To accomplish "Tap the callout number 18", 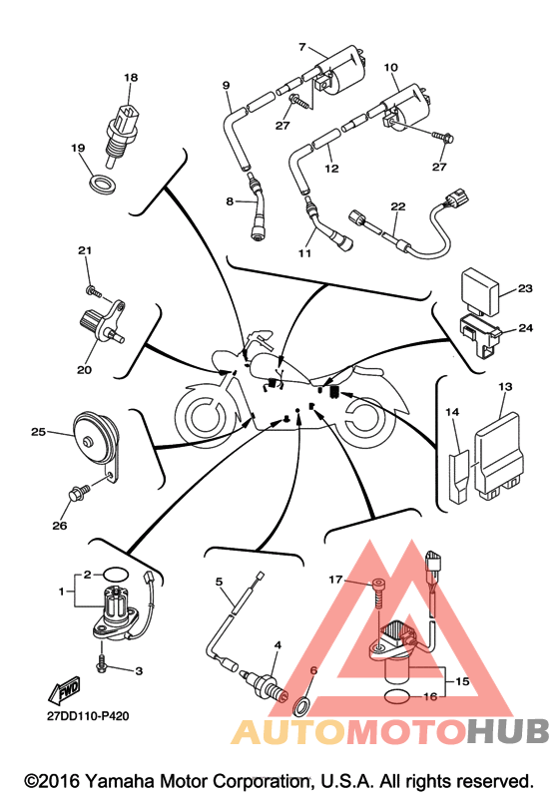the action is coord(131,78).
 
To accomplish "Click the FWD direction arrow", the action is coord(65,690).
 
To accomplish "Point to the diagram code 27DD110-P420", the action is coord(88,716).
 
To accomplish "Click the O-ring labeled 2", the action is coord(116,575).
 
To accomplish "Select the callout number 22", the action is coord(398,206).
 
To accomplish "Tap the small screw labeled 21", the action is coord(95,291).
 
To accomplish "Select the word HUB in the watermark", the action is coord(508,731).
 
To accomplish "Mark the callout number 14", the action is coord(452,412).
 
